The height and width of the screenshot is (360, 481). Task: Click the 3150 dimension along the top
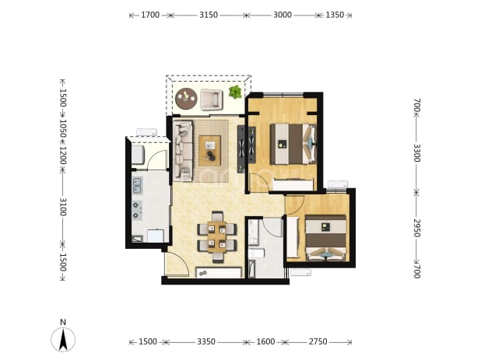209,15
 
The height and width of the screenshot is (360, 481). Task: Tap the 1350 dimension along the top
335,15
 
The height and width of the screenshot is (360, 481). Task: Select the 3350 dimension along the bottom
206,341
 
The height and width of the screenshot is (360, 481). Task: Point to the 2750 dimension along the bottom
318,341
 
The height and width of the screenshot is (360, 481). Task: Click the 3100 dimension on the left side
63,207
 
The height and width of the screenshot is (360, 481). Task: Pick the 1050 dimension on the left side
63,128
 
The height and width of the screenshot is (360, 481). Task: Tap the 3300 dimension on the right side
417,153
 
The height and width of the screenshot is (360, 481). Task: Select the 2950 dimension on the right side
417,228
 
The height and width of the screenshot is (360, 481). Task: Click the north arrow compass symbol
63,338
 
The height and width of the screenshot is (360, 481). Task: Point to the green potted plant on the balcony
235,92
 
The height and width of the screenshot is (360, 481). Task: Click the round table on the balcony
186,98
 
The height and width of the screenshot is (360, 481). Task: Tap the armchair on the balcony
212,100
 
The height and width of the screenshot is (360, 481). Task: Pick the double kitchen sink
137,186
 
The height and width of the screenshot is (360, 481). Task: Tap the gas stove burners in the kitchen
137,210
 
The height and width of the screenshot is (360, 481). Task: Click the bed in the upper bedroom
293,144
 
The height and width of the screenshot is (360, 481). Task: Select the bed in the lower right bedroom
326,238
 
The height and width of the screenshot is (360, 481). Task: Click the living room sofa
183,151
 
